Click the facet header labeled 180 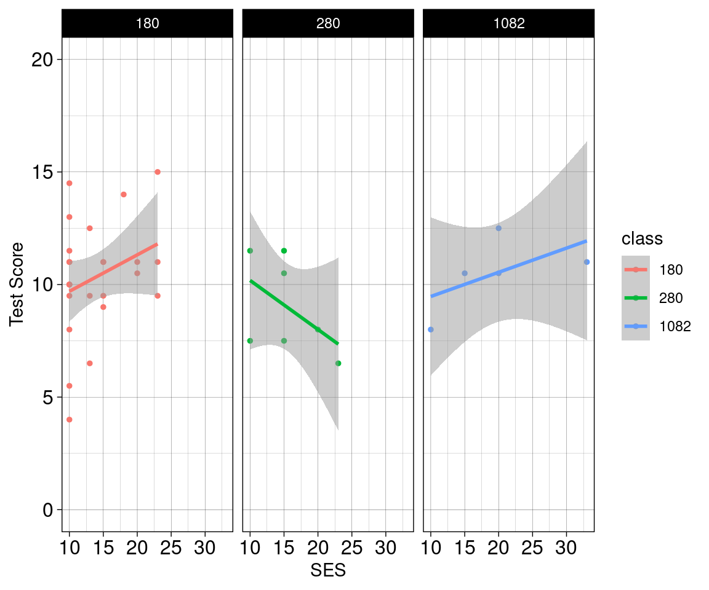pos(147,24)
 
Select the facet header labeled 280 pos(328,24)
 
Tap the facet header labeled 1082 pos(508,24)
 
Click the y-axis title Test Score pos(17,284)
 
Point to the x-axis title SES pos(328,571)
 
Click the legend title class pos(641,239)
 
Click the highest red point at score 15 pos(158,172)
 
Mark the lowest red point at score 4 pos(69,420)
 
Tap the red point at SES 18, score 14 pos(124,194)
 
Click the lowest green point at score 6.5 pos(338,363)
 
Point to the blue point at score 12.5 pos(499,228)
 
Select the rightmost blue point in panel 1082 pos(587,262)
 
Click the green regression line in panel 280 pos(294,312)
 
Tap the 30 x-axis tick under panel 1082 pos(566,546)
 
